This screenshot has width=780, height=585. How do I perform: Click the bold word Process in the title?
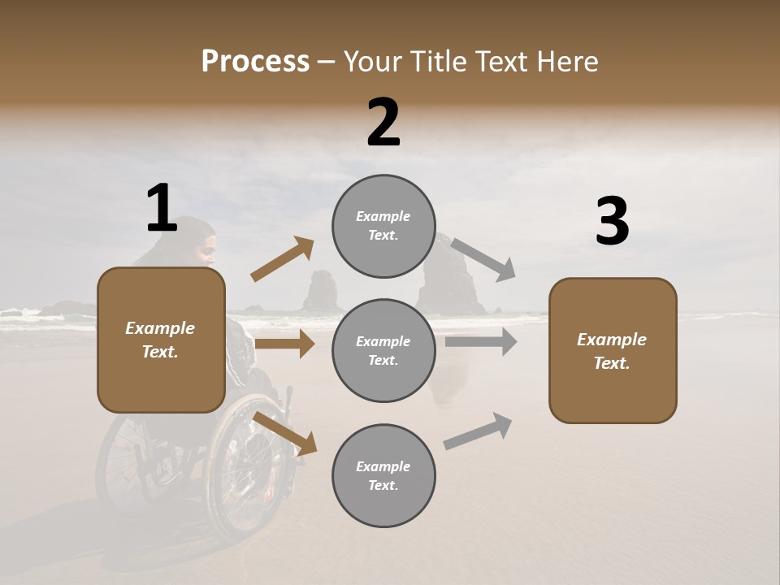click(x=255, y=62)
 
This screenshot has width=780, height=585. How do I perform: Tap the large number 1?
click(x=162, y=209)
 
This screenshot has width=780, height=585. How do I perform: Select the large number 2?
click(x=383, y=123)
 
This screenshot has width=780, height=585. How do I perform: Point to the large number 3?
click(x=612, y=222)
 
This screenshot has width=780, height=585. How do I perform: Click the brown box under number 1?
click(x=161, y=340)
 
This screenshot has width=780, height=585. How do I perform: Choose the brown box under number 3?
click(x=613, y=350)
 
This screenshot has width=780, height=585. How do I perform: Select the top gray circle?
click(x=383, y=226)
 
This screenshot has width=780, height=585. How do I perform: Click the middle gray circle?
click(x=383, y=350)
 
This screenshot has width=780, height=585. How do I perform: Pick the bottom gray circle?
click(x=383, y=475)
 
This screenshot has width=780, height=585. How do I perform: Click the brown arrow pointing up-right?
click(x=282, y=259)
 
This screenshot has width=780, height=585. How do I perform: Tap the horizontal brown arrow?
click(x=284, y=344)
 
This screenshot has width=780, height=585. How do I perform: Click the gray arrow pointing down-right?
click(x=483, y=259)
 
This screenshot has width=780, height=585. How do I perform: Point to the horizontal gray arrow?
click(x=480, y=341)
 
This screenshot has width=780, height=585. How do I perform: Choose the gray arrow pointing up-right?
click(x=478, y=431)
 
